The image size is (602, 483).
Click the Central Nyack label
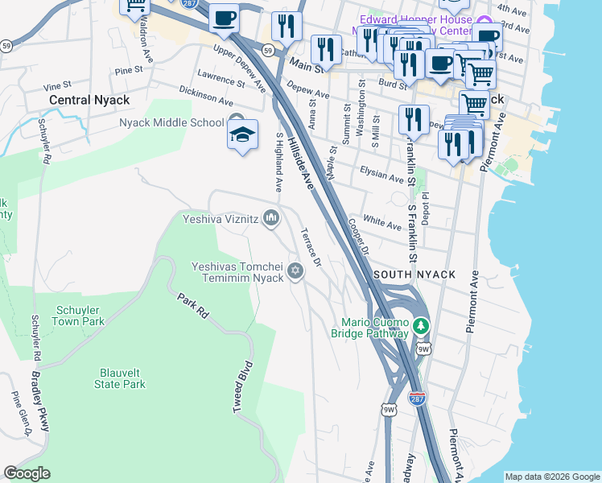[x=89, y=101]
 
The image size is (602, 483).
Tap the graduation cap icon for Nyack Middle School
[x=241, y=134]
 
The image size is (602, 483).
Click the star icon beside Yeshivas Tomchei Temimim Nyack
[x=295, y=270]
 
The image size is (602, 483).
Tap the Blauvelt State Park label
[x=122, y=378]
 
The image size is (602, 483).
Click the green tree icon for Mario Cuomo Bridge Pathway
[x=421, y=326]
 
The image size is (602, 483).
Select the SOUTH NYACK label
[x=414, y=275]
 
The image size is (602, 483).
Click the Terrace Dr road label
[x=311, y=246]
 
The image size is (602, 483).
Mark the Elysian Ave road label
[x=381, y=175]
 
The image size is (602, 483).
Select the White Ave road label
[x=382, y=222]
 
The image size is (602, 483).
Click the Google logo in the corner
[x=27, y=473]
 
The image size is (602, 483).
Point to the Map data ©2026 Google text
[x=551, y=476]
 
